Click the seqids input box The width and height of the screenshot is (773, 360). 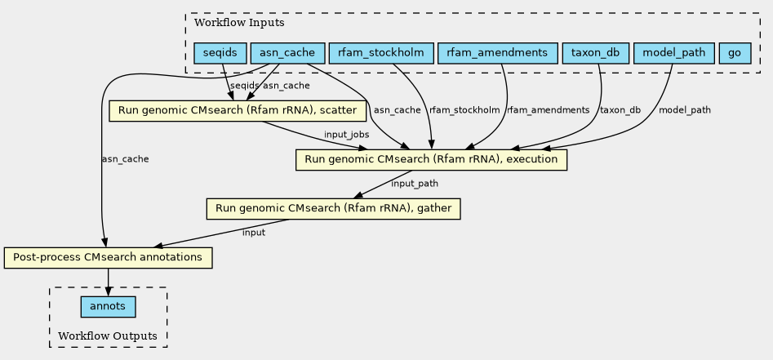click(x=220, y=53)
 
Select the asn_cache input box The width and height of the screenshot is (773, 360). click(x=287, y=53)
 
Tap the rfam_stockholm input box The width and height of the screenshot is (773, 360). click(x=381, y=53)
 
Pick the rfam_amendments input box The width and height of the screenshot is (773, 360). click(x=497, y=53)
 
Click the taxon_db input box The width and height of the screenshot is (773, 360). click(x=596, y=53)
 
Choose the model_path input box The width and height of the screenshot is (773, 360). click(x=673, y=53)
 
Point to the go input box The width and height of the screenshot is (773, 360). click(x=735, y=53)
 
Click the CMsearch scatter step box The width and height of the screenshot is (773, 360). click(x=238, y=110)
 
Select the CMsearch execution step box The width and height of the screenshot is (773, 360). click(x=431, y=160)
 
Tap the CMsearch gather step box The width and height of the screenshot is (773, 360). click(x=333, y=209)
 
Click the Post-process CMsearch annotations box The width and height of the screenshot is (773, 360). click(x=108, y=257)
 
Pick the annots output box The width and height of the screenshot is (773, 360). click(x=108, y=307)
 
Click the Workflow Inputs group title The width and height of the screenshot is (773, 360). click(x=239, y=23)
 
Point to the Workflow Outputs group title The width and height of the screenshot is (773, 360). click(x=108, y=336)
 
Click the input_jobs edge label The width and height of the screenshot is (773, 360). click(x=347, y=135)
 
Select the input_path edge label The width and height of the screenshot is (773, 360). click(x=415, y=184)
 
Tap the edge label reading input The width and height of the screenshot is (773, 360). click(x=254, y=233)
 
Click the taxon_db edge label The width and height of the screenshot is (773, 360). click(x=620, y=110)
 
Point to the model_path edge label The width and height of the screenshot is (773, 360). click(x=685, y=110)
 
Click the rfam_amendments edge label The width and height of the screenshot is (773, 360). click(x=549, y=110)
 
